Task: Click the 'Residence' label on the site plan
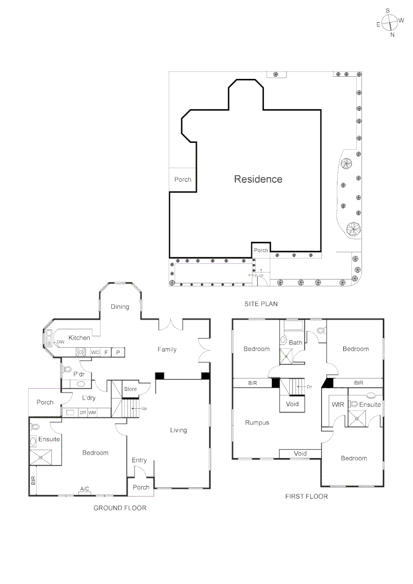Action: [x=258, y=179]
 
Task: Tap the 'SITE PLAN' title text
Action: [x=261, y=304]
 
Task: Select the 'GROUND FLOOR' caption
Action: [x=119, y=508]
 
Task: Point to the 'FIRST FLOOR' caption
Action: [x=306, y=496]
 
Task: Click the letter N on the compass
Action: [x=392, y=35]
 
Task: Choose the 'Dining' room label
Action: [x=120, y=307]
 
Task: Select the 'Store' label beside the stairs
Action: [x=130, y=389]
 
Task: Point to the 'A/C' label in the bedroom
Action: [x=85, y=489]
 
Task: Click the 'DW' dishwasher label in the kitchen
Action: [x=61, y=342]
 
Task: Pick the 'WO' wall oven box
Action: [x=95, y=353]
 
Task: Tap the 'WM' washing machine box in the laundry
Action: [x=92, y=413]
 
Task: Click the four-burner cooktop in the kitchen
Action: [x=81, y=352]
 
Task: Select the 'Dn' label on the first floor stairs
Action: [x=309, y=387]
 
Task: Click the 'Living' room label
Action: [x=178, y=430]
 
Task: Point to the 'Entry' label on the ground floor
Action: [x=139, y=460]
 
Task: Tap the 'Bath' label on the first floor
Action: [x=296, y=342]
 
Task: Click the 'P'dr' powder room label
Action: [x=79, y=374]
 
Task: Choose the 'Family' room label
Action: [x=167, y=349]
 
